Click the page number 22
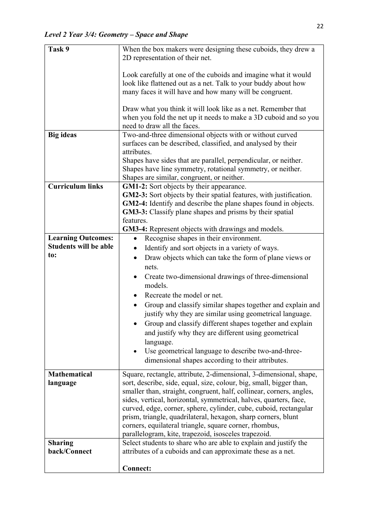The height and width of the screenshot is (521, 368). coord(320,26)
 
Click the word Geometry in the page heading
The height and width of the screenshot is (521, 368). coord(113,34)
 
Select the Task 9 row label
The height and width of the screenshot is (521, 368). coord(58,49)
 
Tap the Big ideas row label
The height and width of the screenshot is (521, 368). coord(62,135)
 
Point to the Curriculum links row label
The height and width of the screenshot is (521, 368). coord(76,186)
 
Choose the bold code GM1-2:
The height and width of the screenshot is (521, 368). coord(135,186)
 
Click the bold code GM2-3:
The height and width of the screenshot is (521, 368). coord(135,195)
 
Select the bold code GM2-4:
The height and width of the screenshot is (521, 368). coord(135,203)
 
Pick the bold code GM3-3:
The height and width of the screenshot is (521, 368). coord(135,212)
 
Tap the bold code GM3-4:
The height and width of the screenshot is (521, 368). coord(135,229)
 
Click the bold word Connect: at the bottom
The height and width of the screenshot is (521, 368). coord(137,468)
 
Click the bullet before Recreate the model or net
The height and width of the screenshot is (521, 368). coord(135,296)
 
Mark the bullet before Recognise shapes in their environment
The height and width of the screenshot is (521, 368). coord(135,239)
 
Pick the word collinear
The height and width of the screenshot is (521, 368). coord(250,391)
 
